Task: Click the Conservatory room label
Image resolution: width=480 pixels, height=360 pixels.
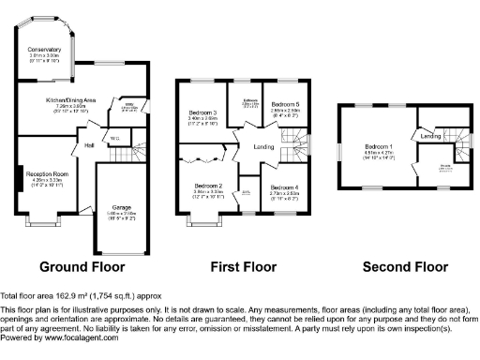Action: (x=43, y=49)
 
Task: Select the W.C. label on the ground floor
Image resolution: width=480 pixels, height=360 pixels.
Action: (x=114, y=140)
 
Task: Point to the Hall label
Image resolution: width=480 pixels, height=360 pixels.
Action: (x=90, y=145)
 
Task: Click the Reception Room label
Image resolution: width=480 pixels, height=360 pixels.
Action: (x=48, y=174)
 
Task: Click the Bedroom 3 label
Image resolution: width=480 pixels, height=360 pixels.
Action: (x=202, y=113)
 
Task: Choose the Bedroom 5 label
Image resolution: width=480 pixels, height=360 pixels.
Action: (x=286, y=104)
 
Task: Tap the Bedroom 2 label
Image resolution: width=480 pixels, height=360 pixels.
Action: (x=208, y=185)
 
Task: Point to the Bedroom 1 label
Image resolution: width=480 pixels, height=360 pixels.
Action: (x=379, y=147)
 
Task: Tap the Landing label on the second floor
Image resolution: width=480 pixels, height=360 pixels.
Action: (x=430, y=137)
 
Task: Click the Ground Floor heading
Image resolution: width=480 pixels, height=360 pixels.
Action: (x=82, y=266)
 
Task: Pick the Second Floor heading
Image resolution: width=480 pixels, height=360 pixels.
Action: (x=407, y=266)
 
